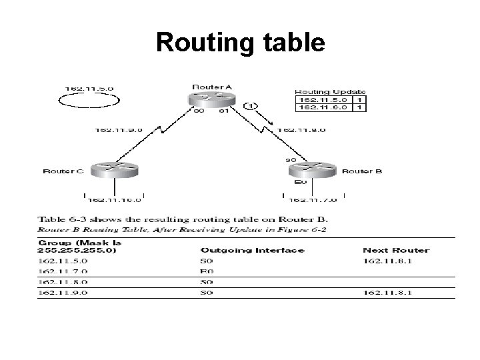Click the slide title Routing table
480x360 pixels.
(240, 43)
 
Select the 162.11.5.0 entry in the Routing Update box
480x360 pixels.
(323, 99)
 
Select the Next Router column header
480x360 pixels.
(396, 251)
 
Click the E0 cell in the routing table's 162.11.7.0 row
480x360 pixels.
(206, 271)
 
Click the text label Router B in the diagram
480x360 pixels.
(362, 171)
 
